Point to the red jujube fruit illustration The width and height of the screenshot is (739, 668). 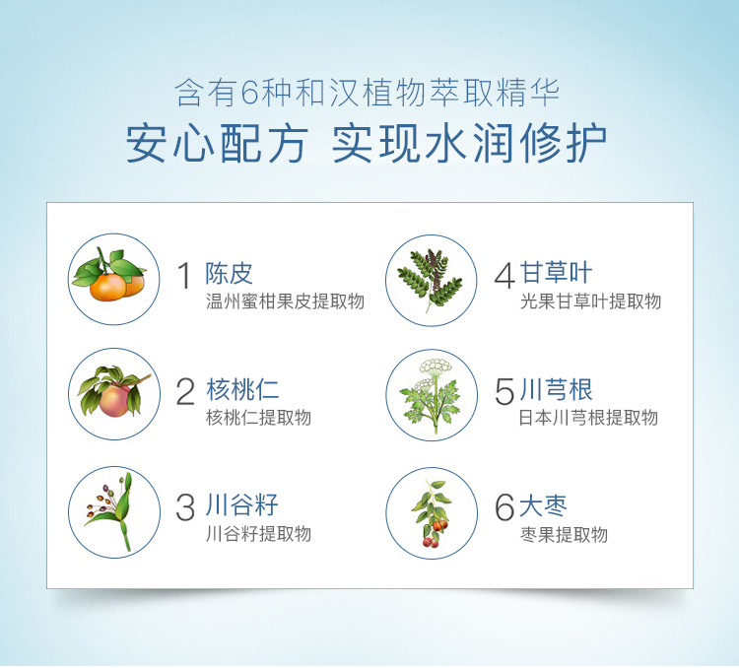432,513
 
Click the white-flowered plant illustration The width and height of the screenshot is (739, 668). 432,395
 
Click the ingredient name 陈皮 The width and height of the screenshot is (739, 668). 229,274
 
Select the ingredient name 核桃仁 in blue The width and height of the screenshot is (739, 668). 242,390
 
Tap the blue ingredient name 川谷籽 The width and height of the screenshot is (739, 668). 242,505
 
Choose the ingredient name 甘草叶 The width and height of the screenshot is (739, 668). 556,273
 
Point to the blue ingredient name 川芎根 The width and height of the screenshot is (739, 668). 556,389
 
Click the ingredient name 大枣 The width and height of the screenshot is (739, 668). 543,505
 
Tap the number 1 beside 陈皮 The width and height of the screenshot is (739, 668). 184,276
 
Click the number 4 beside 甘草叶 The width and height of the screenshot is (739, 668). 504,276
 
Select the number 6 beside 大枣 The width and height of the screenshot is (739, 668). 504,507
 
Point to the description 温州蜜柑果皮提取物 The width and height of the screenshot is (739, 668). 285,301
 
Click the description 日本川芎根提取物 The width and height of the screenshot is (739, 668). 588,418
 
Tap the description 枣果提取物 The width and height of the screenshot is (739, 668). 564,535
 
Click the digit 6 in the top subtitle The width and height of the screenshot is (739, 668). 248,93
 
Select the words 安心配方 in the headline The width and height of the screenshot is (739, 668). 217,143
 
